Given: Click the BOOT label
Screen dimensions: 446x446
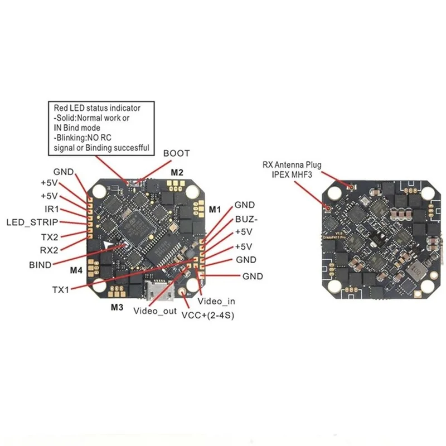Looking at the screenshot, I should pos(176,153).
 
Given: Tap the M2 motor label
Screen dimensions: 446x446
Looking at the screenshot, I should pos(177,172).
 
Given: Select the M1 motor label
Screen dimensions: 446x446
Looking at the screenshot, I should pos(215,209).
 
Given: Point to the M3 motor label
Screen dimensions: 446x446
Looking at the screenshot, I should pos(117,307).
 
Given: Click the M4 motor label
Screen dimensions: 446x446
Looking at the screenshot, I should pos(76,270).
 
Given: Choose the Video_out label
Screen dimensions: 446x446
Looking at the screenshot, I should pos(153,311).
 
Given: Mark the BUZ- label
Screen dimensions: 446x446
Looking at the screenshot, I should pos(245,219).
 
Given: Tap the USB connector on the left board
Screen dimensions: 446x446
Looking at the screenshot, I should pos(155,289).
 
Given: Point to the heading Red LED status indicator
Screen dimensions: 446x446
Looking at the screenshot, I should pos(97,108).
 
